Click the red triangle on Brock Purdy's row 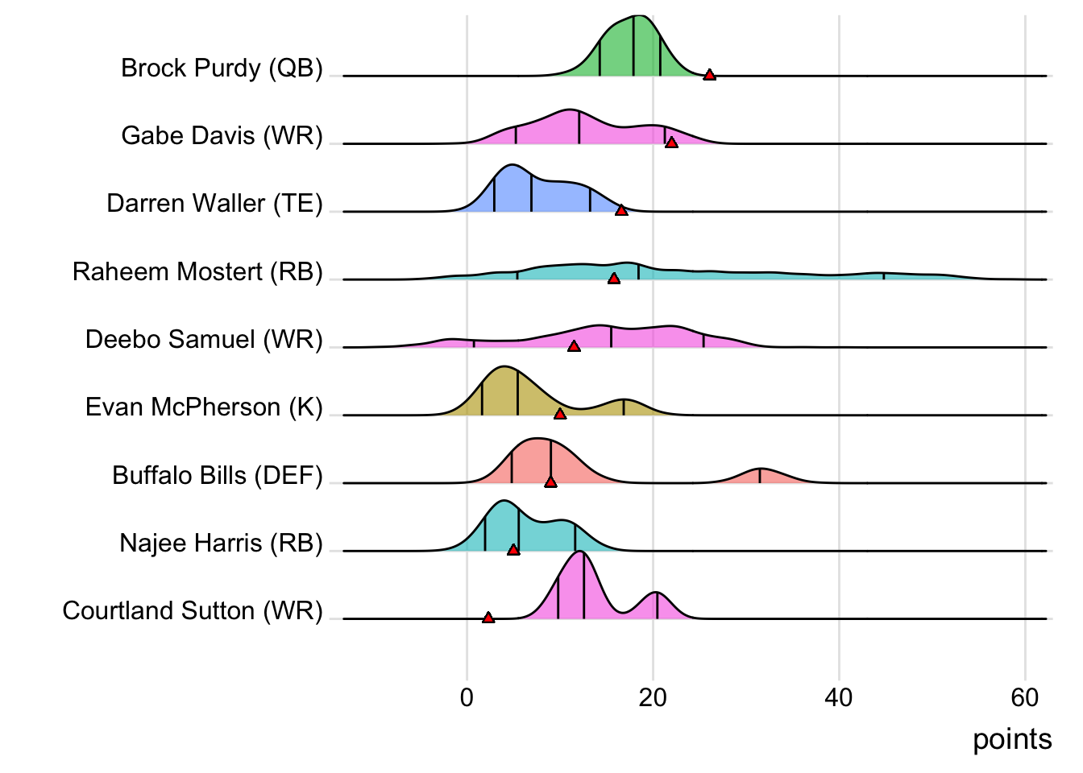tap(709, 75)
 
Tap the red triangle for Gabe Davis tap(671, 143)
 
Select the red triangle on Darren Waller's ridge tap(621, 210)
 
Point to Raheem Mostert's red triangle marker tap(614, 279)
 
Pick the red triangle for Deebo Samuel tap(574, 346)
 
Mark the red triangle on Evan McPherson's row tap(560, 414)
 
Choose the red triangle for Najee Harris tap(513, 550)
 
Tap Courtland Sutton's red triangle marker tap(488, 618)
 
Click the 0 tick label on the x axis tap(467, 697)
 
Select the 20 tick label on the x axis tap(653, 697)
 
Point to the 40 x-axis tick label tap(839, 697)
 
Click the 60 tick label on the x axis tap(1025, 697)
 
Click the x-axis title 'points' tap(1012, 739)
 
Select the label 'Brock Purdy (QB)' tap(222, 68)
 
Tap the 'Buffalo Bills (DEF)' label tap(218, 476)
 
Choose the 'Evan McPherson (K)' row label tap(204, 407)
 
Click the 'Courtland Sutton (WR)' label tap(193, 611)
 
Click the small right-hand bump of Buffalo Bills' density tap(760, 475)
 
